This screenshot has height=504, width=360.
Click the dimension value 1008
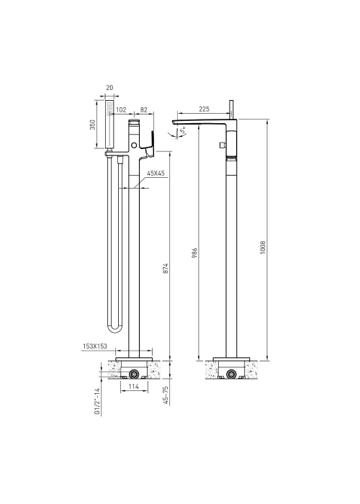(x=263, y=248)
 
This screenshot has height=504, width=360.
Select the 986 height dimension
(x=194, y=253)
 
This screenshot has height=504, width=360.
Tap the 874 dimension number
(x=166, y=269)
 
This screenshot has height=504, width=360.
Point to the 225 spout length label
(x=204, y=109)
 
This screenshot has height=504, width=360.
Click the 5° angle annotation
(x=183, y=131)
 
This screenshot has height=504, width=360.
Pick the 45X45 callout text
(x=156, y=174)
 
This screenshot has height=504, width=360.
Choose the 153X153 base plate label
(x=94, y=346)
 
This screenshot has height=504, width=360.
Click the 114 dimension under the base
(x=134, y=387)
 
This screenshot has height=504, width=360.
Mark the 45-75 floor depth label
(x=166, y=395)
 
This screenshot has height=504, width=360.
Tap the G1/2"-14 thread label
(x=97, y=402)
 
